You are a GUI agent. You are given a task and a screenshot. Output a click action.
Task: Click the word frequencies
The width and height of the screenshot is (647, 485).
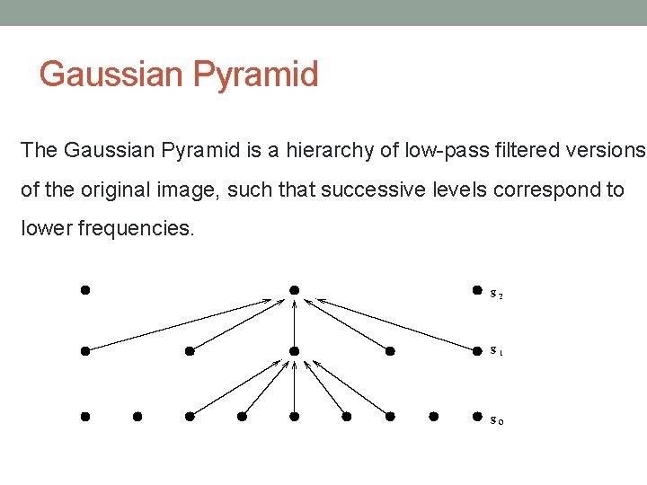pyautogui.click(x=136, y=228)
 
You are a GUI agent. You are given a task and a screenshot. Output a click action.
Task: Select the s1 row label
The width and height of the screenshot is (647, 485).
pyautogui.click(x=496, y=352)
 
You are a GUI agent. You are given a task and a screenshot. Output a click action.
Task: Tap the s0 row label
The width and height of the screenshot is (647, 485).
pyautogui.click(x=496, y=419)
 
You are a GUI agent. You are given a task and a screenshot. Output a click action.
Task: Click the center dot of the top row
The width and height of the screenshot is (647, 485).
pyautogui.click(x=294, y=290)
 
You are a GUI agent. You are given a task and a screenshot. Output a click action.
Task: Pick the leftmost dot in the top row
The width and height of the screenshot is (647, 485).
pyautogui.click(x=84, y=290)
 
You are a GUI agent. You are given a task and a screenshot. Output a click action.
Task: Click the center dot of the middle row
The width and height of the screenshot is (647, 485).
pyautogui.click(x=294, y=351)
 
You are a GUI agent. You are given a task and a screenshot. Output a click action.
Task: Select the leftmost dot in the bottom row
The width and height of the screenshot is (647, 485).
pyautogui.click(x=84, y=417)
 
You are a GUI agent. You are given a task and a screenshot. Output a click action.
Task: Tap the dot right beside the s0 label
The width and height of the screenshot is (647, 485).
pyautogui.click(x=477, y=417)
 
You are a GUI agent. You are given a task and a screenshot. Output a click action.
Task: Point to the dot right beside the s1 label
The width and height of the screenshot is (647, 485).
pyautogui.click(x=477, y=351)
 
